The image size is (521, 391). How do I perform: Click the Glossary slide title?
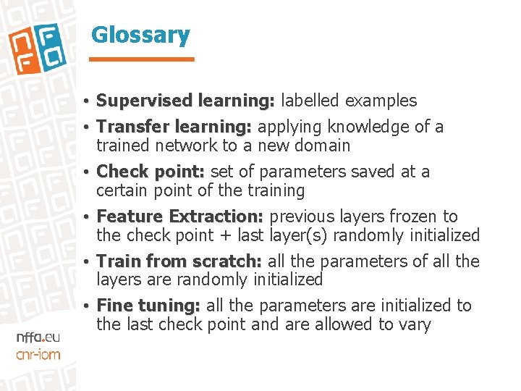click(140, 34)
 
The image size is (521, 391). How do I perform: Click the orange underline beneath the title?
click(143, 59)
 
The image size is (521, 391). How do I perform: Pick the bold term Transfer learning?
click(174, 127)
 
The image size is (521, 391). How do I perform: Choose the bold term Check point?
click(151, 172)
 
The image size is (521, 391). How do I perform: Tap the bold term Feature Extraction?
click(180, 216)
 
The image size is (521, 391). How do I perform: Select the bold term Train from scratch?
click(179, 261)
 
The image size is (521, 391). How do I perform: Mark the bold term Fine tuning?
click(148, 306)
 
